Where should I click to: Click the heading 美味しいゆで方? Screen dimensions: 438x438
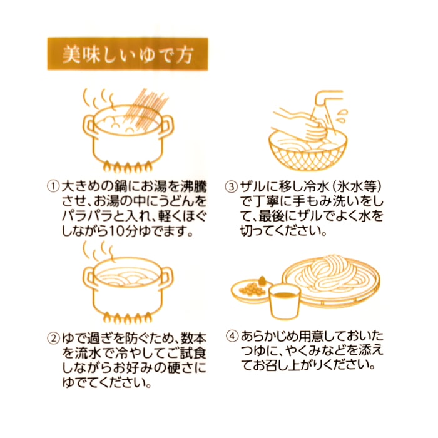click(128, 54)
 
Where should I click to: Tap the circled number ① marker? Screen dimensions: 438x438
click(53, 186)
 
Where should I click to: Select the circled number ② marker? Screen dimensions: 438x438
click(53, 339)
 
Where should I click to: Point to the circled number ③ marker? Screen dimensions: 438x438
click(232, 186)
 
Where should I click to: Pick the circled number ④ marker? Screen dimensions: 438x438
click(232, 336)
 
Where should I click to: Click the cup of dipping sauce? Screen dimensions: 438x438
click(284, 302)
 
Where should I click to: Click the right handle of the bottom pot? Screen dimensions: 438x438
click(167, 277)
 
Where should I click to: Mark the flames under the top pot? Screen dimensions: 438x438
click(128, 167)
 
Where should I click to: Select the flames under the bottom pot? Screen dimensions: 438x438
click(128, 318)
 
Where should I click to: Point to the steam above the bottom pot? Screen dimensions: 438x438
click(99, 252)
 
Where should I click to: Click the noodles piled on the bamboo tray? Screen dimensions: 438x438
click(330, 275)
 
